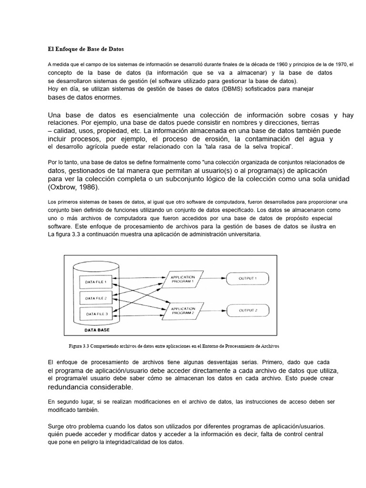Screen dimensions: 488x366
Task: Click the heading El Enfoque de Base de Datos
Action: click(x=85, y=49)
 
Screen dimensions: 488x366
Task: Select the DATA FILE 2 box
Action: click(x=96, y=298)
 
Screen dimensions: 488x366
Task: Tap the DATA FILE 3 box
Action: click(x=96, y=314)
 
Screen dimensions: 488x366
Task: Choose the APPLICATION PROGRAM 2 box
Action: click(x=183, y=311)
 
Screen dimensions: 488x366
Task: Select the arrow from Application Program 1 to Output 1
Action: click(x=213, y=278)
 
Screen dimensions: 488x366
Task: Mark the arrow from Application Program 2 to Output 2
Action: click(x=213, y=311)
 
